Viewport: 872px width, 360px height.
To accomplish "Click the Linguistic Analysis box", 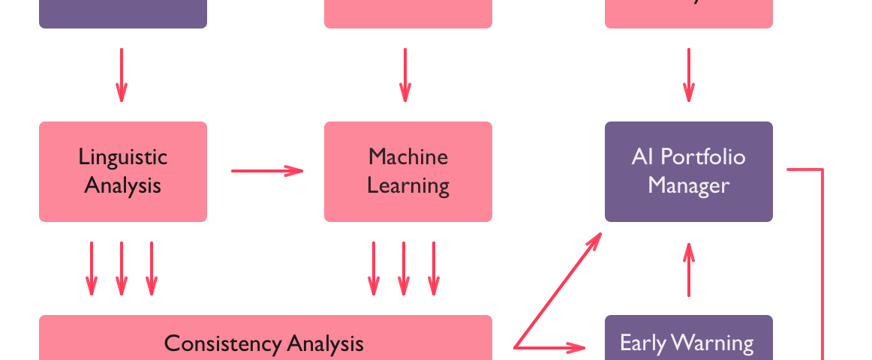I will (x=123, y=171).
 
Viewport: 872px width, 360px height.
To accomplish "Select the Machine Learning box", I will (x=408, y=171).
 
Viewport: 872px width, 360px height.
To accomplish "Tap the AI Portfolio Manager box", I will (x=689, y=171).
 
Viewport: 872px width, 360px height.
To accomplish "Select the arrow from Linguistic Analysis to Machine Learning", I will (x=266, y=171).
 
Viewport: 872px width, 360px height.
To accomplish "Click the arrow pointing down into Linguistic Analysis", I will (x=122, y=75).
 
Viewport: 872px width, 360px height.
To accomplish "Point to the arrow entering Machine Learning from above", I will (x=405, y=75).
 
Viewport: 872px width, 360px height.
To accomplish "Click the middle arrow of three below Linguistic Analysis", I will (x=122, y=268).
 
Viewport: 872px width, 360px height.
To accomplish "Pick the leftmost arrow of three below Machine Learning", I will (x=374, y=268).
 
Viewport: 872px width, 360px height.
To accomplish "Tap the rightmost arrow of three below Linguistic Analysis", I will (x=152, y=268).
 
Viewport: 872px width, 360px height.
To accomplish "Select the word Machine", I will (x=408, y=157).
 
